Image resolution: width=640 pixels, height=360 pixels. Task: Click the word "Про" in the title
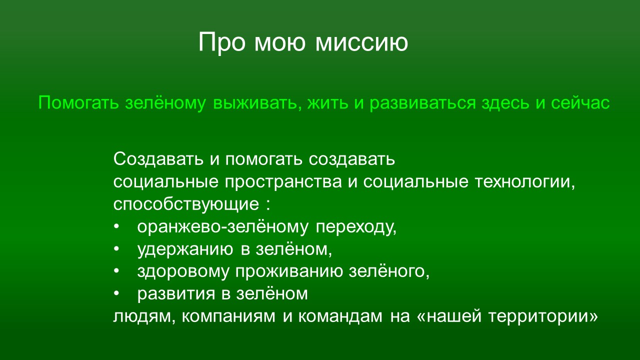(x=222, y=43)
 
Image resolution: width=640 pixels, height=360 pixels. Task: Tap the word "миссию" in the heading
(x=361, y=43)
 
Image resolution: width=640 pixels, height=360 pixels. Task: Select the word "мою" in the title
(x=279, y=43)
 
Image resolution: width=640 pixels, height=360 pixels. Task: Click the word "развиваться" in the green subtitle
(x=423, y=103)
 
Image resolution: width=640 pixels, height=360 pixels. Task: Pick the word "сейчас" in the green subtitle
(x=580, y=103)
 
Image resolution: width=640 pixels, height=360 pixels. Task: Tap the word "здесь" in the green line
(x=505, y=103)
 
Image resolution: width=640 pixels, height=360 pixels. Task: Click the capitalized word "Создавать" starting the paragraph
(x=158, y=159)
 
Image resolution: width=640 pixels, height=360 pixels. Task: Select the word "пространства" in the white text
(x=283, y=182)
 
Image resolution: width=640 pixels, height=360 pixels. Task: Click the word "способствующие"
(x=186, y=204)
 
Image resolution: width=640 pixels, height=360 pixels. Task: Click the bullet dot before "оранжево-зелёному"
(x=116, y=226)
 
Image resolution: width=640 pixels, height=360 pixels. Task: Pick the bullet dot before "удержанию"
(x=116, y=249)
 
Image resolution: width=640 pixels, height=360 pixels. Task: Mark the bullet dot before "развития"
(x=116, y=293)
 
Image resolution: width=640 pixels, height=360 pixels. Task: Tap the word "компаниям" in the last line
(x=228, y=316)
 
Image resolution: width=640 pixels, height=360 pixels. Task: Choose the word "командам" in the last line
(x=340, y=316)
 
